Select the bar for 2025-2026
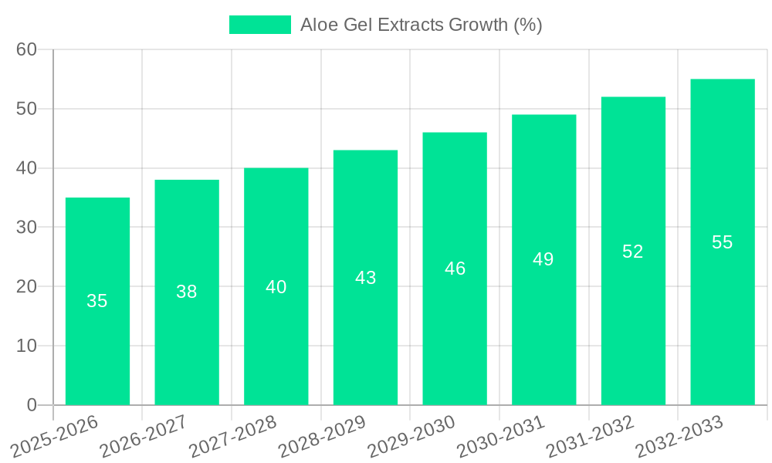point(97,301)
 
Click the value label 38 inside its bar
point(187,292)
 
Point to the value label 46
point(455,269)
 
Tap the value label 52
point(633,252)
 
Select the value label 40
point(276,287)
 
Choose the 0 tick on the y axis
point(32,405)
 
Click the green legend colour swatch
point(260,25)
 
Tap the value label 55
point(722,242)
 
